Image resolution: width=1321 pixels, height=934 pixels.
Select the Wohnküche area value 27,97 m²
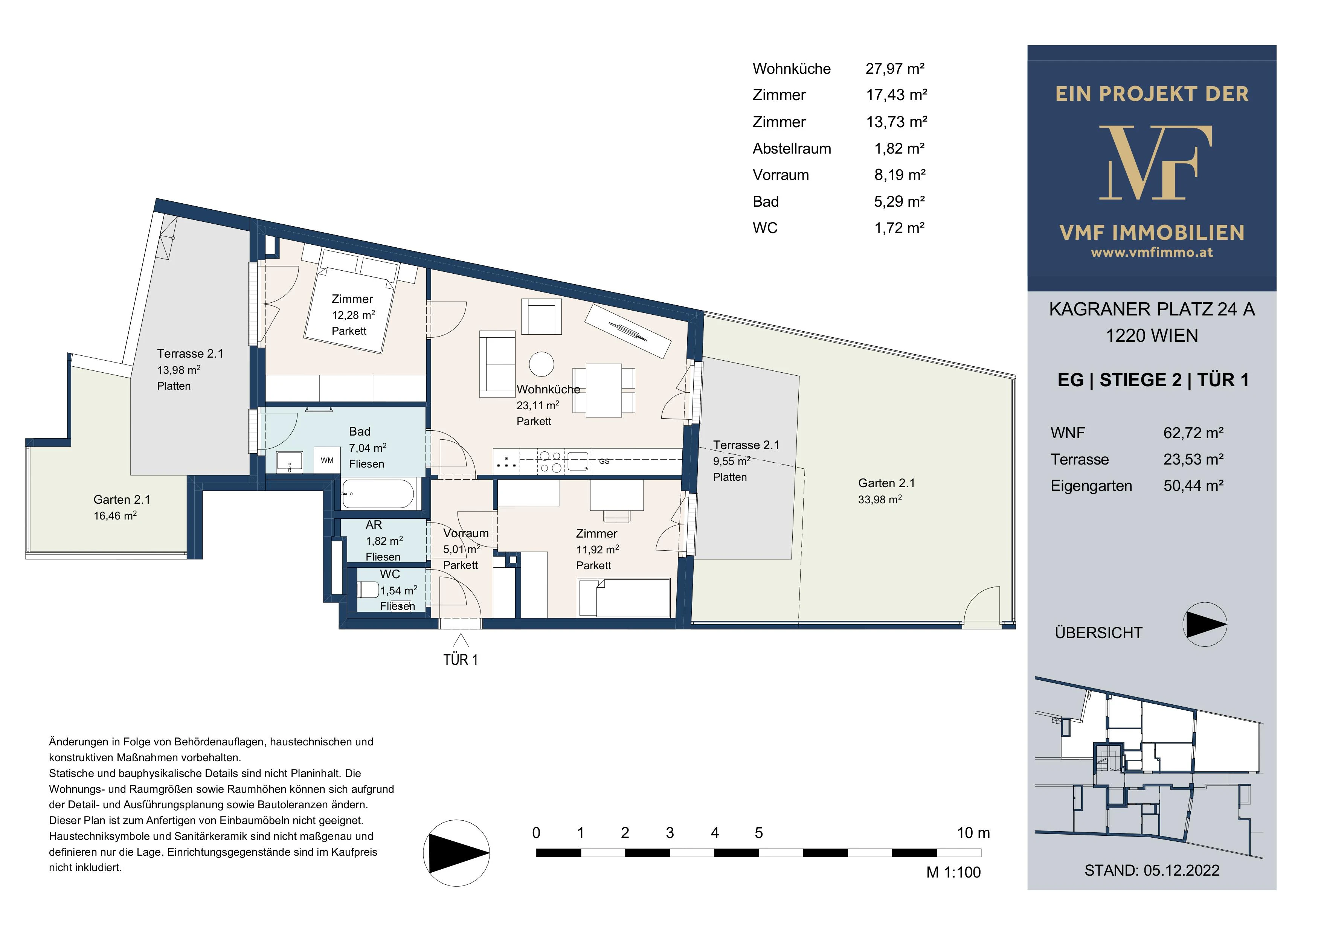pos(895,69)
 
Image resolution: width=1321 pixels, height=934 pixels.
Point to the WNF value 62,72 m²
pos(1193,433)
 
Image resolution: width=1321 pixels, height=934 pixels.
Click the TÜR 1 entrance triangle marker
pos(460,641)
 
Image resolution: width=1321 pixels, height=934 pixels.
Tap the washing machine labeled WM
pos(327,460)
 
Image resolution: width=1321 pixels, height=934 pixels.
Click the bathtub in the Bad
pos(377,494)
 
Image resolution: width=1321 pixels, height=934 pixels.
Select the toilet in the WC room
pos(368,590)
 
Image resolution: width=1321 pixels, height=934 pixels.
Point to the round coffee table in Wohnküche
pos(542,364)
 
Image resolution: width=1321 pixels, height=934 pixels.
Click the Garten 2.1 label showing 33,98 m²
pos(886,491)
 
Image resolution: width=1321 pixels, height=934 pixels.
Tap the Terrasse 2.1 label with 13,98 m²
pos(190,369)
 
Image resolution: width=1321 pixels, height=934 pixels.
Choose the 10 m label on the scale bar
pos(973,832)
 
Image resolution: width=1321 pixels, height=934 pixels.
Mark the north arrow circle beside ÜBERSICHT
pos(1205,624)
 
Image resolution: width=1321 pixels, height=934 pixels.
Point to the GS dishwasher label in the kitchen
pos(604,461)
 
